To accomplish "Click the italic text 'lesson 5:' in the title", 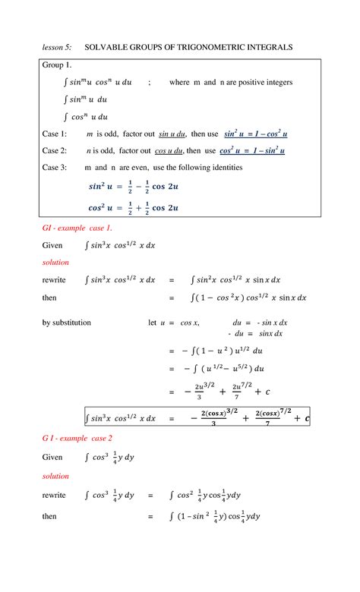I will pyautogui.click(x=57, y=48).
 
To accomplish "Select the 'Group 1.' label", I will pyautogui.click(x=57, y=65).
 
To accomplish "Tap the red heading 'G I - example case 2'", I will pyautogui.click(x=77, y=439).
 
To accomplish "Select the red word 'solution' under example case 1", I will pyautogui.click(x=55, y=263).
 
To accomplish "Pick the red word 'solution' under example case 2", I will pyautogui.click(x=55, y=476).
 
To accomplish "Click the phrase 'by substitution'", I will pyautogui.click(x=67, y=323).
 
